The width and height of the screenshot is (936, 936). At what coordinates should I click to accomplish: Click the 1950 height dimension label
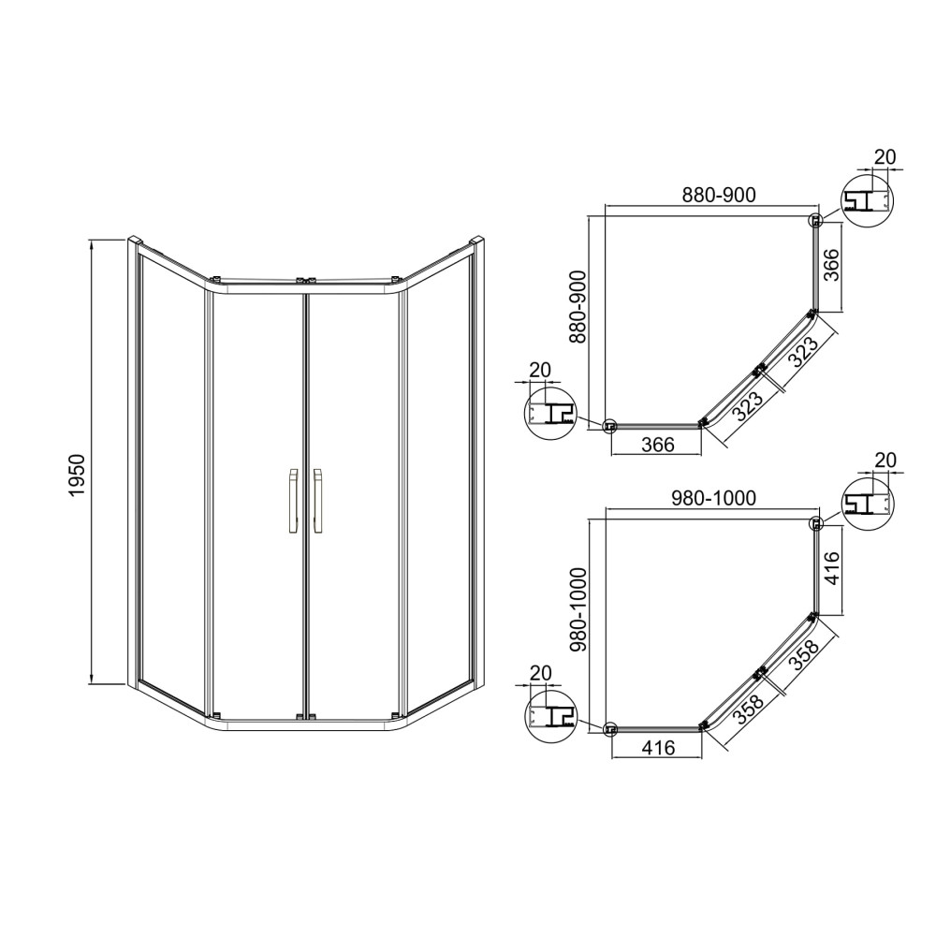coord(79,475)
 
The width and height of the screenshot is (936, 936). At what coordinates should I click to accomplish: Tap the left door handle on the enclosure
coord(293,500)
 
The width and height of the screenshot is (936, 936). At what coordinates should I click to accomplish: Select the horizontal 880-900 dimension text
coord(719,195)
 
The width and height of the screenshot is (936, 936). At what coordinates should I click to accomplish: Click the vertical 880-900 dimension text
coord(578,306)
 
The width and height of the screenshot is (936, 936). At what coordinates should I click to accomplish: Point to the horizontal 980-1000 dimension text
coord(714,498)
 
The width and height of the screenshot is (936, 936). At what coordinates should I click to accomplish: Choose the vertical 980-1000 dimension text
coord(578,609)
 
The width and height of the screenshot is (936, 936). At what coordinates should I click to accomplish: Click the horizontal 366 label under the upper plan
coord(658,444)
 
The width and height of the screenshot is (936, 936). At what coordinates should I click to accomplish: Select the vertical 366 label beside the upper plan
coord(831,265)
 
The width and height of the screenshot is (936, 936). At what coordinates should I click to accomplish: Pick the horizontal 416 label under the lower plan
coord(658,747)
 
